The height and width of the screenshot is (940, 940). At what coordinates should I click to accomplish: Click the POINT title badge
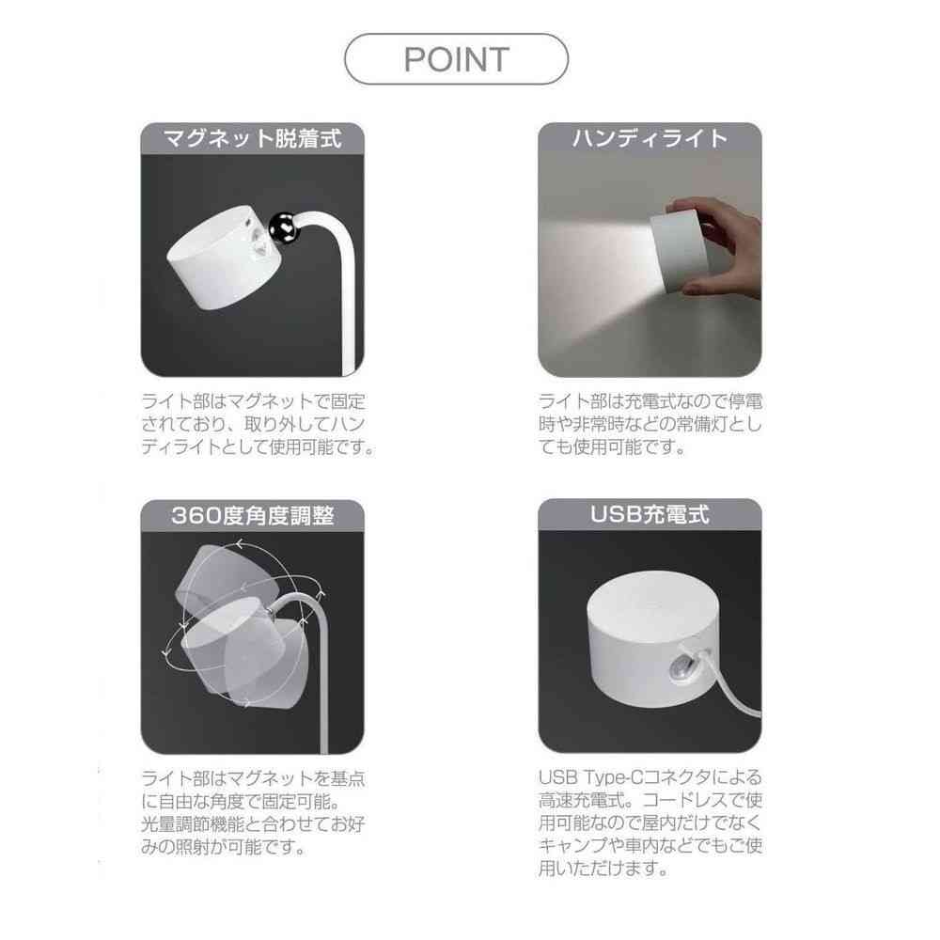pos(457,59)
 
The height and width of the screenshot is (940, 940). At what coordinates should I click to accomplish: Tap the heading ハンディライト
pos(650,139)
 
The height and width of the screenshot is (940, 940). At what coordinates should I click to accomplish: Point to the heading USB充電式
pos(650,515)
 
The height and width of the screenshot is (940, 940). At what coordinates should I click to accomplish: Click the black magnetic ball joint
pos(282,225)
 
